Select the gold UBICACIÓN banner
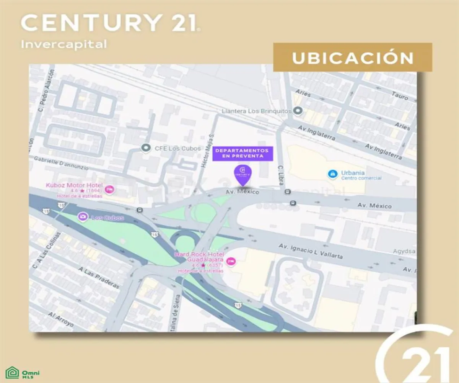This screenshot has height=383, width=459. [x=352, y=57]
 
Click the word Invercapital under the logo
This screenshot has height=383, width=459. [x=63, y=44]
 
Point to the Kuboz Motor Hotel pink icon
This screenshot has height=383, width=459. [x=109, y=189]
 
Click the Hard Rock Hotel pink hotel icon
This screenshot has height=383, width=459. [x=231, y=261]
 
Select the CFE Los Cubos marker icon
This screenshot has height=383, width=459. [x=145, y=148]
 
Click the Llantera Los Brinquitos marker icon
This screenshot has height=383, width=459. [x=298, y=111]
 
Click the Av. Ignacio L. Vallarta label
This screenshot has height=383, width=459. [x=311, y=251]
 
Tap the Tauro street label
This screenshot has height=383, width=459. [x=400, y=95]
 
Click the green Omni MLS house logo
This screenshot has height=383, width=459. [x=12, y=373]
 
